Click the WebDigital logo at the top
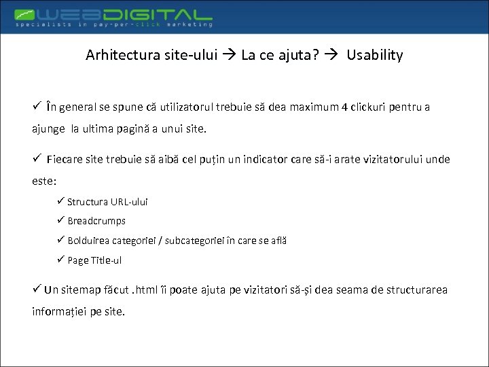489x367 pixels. pos(113,14)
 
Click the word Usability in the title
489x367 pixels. pos(374,55)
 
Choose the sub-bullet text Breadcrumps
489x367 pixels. pos(96,221)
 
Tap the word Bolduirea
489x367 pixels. pos(88,241)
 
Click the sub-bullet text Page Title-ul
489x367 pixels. pos(94,260)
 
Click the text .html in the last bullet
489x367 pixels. pos(151,290)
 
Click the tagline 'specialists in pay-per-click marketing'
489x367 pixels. pos(114,24)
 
